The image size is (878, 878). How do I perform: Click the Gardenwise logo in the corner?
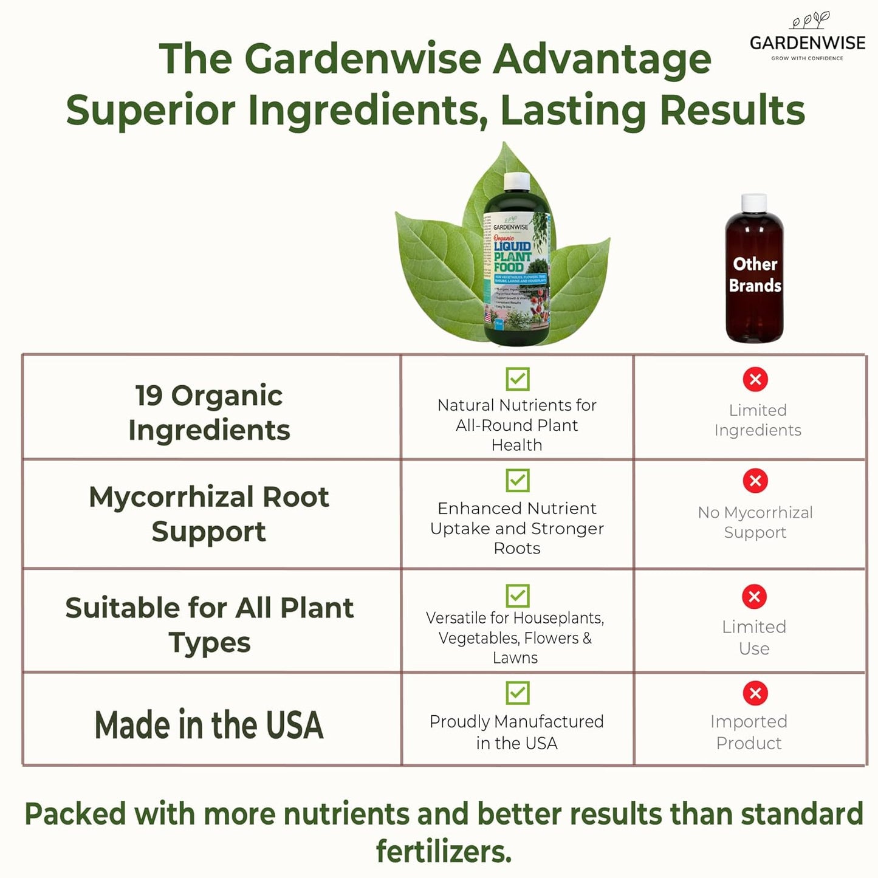click(808, 38)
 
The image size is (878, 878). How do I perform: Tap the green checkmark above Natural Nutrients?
click(518, 379)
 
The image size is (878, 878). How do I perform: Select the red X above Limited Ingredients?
click(755, 380)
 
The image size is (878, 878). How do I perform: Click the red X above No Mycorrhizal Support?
click(755, 481)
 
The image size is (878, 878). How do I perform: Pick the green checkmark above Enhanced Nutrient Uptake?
click(518, 481)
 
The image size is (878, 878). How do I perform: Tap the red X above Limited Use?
click(755, 597)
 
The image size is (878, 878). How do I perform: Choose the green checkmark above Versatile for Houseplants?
click(518, 595)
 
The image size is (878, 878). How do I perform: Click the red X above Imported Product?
click(755, 693)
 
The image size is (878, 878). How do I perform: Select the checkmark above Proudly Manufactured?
click(518, 693)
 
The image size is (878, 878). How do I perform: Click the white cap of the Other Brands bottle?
click(755, 202)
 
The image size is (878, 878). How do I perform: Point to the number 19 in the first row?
click(149, 396)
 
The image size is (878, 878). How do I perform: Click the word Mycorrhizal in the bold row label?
click(172, 497)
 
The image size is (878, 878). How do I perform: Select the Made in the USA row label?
click(209, 725)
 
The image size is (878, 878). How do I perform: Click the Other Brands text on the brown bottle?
click(755, 275)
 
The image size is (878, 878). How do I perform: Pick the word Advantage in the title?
click(602, 60)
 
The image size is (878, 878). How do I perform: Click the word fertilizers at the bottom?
click(444, 851)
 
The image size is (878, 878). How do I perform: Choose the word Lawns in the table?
click(515, 658)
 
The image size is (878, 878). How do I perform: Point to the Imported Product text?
click(749, 732)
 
